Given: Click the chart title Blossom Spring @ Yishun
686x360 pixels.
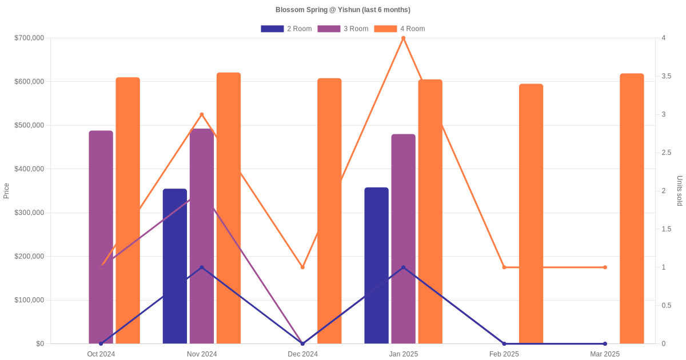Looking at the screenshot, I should pos(342,10).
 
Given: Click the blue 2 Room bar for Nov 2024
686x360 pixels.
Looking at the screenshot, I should pos(175,266).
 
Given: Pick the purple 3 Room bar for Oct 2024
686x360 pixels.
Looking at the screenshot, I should pos(101,237).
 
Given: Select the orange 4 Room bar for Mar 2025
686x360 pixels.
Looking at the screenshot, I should pos(632,209).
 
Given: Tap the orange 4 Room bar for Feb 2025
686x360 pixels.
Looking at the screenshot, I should pos(531,214).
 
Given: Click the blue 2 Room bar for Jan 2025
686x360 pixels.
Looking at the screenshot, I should pos(376,265).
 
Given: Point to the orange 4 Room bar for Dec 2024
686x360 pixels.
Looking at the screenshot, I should pos(329,211).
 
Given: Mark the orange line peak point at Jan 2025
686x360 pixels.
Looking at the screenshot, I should pos(403,38).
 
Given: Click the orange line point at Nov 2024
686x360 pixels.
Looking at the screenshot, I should pos(202,115).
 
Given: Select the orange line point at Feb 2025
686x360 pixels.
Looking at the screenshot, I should pos(504,267).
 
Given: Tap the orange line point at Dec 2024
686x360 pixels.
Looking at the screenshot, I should pos(302,267).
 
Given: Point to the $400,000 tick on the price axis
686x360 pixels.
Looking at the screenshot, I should pos(29,169).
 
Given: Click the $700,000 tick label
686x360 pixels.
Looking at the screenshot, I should pos(29,38).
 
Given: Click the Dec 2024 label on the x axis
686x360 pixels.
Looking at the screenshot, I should pos(302,354).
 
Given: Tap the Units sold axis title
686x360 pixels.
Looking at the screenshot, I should pos(680,191).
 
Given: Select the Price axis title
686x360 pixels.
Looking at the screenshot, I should pos(6,191).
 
